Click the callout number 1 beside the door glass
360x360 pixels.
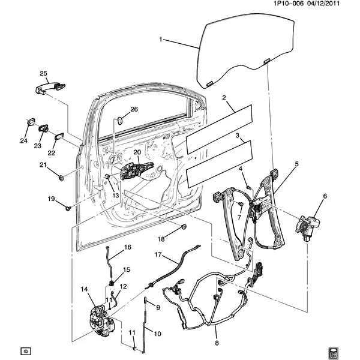(161, 40)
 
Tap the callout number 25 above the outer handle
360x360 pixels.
(43, 74)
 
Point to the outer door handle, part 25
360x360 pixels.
(48, 88)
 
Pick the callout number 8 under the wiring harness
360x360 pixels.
(217, 344)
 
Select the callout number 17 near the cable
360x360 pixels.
(158, 255)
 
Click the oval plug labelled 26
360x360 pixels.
(119, 120)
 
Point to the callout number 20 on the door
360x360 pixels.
(137, 153)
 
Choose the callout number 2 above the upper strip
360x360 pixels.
(224, 98)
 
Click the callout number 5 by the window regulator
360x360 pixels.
(296, 164)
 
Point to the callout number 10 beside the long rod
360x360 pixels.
(158, 334)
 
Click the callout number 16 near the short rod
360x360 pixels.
(127, 247)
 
